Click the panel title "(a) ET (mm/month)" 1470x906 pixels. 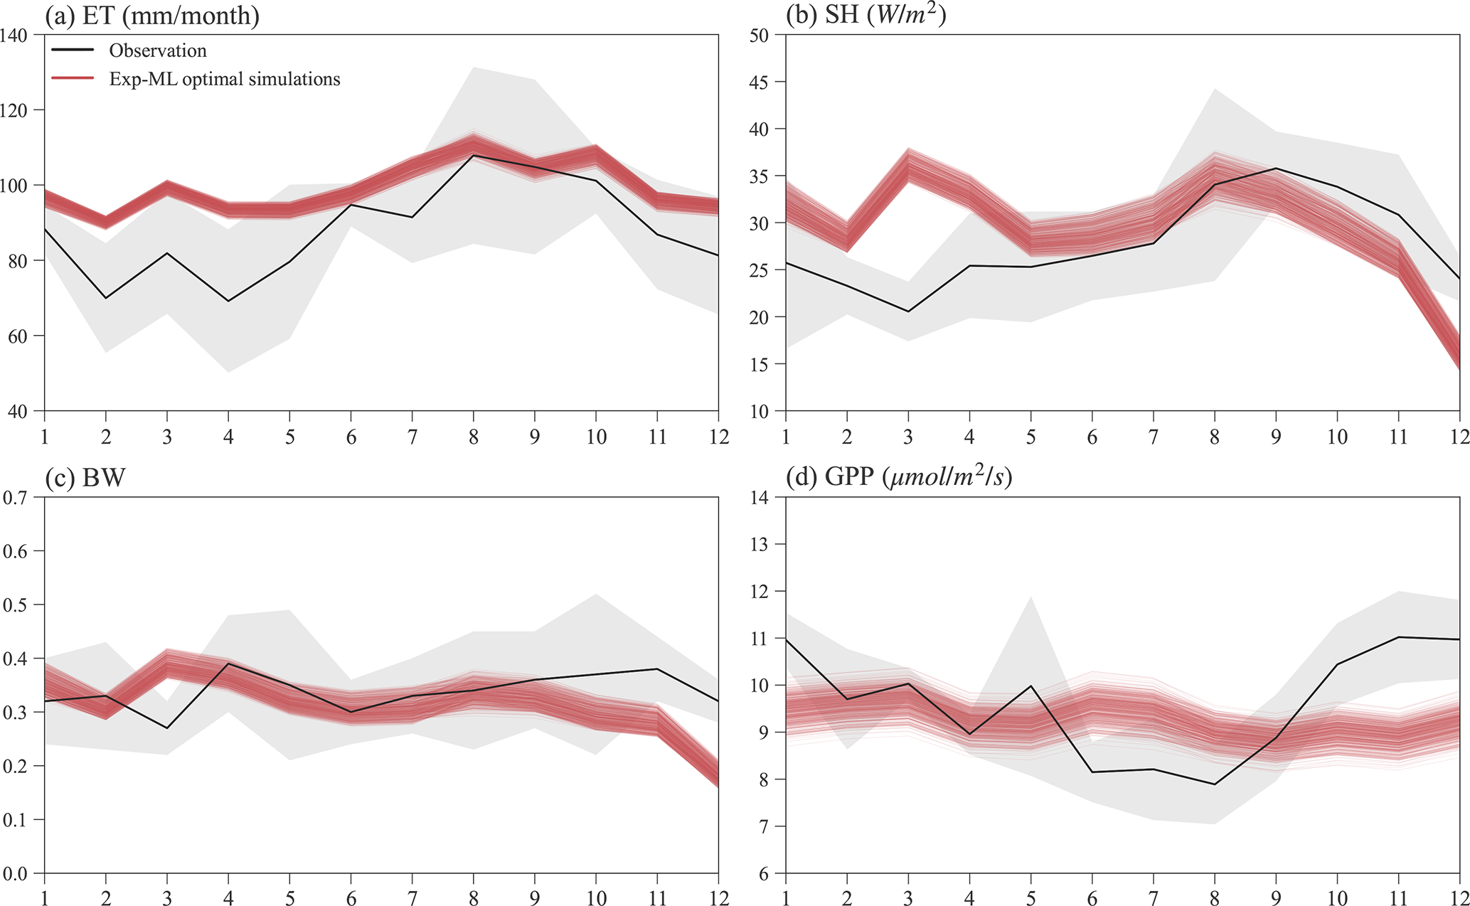click(151, 16)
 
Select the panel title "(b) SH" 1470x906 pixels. click(866, 16)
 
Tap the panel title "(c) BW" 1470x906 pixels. click(85, 478)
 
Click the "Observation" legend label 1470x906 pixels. click(158, 50)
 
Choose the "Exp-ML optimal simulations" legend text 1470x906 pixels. click(225, 79)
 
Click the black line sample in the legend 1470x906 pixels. click(73, 50)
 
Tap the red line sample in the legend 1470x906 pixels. click(73, 78)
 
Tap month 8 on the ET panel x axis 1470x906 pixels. click(474, 437)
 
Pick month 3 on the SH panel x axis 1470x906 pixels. click(908, 437)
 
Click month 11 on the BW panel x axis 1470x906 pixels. click(658, 897)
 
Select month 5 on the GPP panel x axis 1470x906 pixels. click(1030, 897)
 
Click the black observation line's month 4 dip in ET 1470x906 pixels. click(228, 301)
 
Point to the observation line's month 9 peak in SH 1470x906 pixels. click(1276, 169)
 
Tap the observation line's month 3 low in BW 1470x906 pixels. click(167, 728)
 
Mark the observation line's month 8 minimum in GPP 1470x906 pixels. click(1215, 784)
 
